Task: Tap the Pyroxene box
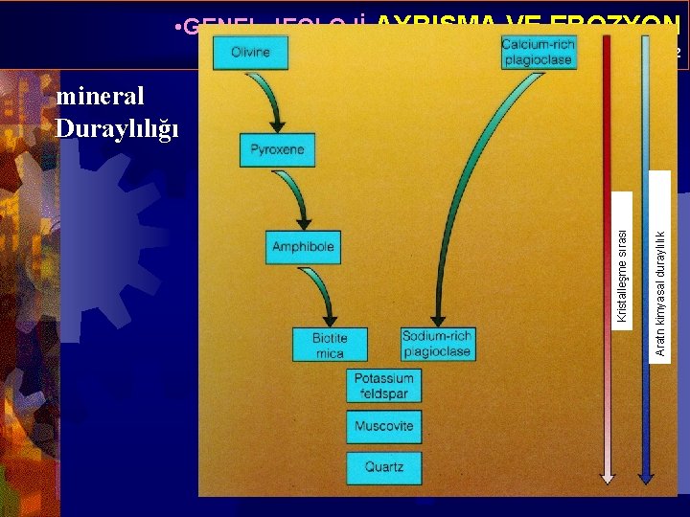(x=277, y=149)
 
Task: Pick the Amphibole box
(x=303, y=247)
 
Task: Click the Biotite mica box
(x=329, y=345)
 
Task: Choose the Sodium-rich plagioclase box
(x=437, y=344)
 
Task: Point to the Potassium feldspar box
(x=383, y=386)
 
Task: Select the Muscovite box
(x=383, y=426)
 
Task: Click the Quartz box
(x=383, y=467)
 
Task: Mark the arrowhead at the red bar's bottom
(x=608, y=473)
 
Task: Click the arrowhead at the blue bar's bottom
(x=646, y=473)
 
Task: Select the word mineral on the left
(x=101, y=97)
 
